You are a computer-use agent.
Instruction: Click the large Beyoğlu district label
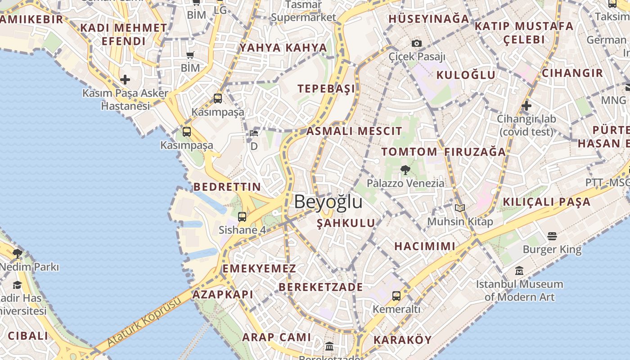(328, 202)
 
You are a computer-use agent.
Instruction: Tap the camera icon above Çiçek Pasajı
(417, 43)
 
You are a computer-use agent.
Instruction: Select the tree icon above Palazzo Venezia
(405, 170)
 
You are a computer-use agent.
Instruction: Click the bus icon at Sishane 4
(242, 217)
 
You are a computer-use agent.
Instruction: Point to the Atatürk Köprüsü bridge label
(143, 322)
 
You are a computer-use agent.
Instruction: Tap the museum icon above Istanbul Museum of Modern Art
(519, 271)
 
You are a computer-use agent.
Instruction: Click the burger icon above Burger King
(552, 236)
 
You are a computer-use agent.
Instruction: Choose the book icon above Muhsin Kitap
(459, 208)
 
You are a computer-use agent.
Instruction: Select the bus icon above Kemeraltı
(396, 296)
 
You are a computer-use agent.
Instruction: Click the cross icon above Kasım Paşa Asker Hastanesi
(125, 80)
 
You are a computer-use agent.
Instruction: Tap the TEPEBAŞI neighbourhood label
(326, 89)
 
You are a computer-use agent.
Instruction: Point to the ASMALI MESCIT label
(354, 131)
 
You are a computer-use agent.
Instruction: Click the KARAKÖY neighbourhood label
(403, 340)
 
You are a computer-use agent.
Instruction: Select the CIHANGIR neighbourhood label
(572, 73)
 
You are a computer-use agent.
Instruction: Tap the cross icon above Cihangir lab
(526, 106)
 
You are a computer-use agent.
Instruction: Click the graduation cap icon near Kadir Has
(18, 285)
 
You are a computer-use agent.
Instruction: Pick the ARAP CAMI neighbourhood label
(276, 337)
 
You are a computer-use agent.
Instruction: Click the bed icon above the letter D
(254, 133)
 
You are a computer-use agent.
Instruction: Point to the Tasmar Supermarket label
(303, 12)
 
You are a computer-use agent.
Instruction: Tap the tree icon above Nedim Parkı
(18, 254)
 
